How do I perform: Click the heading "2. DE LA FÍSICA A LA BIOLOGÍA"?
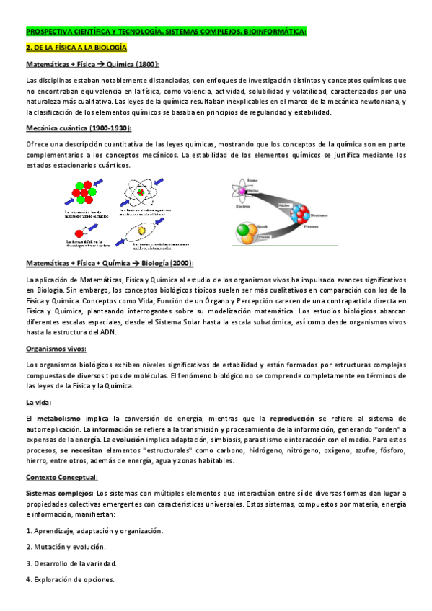(x=76, y=48)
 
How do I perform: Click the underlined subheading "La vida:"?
(x=38, y=401)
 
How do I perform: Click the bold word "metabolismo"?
(x=58, y=418)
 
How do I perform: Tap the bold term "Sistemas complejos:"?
(x=59, y=494)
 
